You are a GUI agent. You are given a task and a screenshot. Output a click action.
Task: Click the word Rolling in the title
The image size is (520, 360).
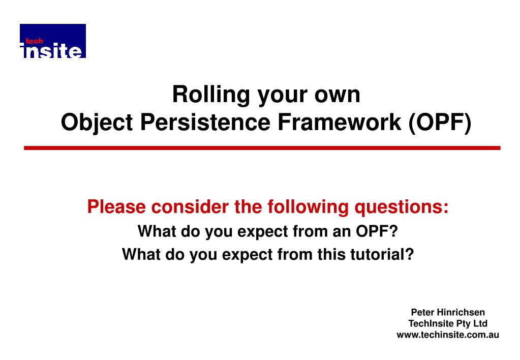pos(211,95)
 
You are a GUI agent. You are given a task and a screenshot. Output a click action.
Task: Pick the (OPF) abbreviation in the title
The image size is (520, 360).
pos(440,123)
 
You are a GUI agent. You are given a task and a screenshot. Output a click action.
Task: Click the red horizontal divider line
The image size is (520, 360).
pos(262,148)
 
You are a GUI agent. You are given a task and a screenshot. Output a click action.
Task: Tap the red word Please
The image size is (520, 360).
pos(116,207)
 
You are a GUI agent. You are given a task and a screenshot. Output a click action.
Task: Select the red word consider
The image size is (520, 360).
pos(190,207)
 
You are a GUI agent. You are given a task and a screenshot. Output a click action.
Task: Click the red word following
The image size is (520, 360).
pos(308,207)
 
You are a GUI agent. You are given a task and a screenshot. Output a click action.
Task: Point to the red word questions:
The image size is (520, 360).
pos(402,207)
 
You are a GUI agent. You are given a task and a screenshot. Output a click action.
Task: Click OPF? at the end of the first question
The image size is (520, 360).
pos(377,231)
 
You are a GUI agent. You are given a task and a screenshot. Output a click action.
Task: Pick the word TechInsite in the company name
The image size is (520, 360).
pos(431,323)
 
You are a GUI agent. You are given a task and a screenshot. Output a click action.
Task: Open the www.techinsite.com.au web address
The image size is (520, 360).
pos(448,335)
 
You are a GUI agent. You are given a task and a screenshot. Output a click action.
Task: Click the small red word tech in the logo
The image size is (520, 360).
pos(34,41)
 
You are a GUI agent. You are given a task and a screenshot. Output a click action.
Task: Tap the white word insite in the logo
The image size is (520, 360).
pos(51,51)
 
